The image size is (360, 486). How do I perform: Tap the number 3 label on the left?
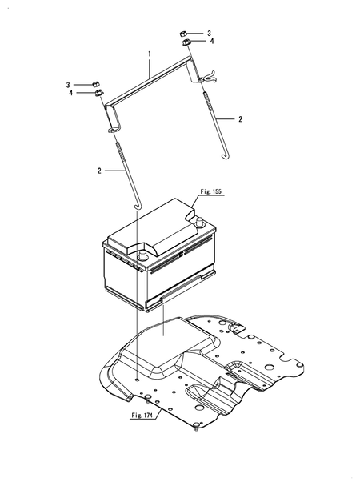pos(69,83)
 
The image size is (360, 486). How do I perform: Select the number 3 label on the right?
pos(210,33)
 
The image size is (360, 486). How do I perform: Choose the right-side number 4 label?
pos(212,42)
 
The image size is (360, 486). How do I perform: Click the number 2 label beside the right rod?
pos(238,118)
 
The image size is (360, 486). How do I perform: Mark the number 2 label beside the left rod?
pos(99,171)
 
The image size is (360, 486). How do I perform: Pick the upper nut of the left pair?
pos(94,82)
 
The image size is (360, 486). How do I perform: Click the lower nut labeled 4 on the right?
pos(185,42)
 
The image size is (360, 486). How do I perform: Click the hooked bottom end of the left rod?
pos(138,206)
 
